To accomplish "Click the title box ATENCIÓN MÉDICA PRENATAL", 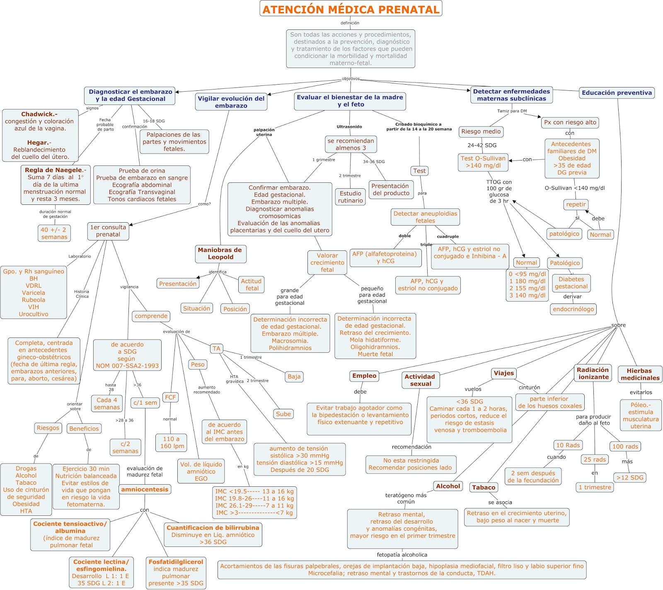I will click(351, 9).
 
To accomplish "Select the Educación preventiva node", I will click(617, 93).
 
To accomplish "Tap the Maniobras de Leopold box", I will click(220, 254).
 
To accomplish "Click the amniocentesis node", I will click(145, 489).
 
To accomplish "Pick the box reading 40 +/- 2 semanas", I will click(54, 233).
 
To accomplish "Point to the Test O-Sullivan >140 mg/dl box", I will click(483, 162).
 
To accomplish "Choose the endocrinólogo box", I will click(573, 309).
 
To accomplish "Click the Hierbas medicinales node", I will click(640, 374).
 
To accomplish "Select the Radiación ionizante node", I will click(593, 374).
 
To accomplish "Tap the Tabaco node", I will click(484, 488).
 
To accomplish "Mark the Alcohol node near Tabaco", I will click(448, 486).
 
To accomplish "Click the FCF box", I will click(170, 397).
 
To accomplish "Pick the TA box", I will click(216, 349).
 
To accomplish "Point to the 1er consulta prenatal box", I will click(108, 231).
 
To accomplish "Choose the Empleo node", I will click(364, 376).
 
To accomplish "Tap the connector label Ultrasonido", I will click(349, 126).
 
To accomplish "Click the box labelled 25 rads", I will click(595, 459).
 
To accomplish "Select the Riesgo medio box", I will click(481, 131).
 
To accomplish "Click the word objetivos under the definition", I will click(351, 79).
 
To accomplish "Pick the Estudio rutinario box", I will click(350, 197).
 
